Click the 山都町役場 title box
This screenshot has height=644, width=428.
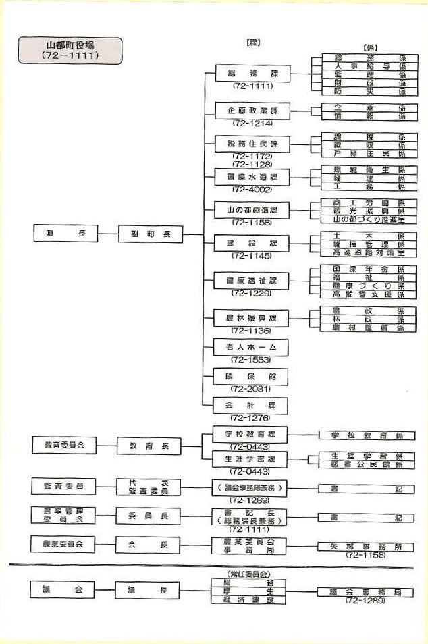click(x=71, y=51)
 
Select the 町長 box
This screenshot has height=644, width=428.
click(x=65, y=234)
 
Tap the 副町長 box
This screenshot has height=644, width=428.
click(x=151, y=234)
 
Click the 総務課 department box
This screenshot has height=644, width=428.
click(x=251, y=74)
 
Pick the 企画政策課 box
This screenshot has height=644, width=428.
click(x=251, y=111)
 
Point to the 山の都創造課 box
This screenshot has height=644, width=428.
click(x=251, y=210)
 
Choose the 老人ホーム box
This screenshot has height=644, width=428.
click(x=251, y=347)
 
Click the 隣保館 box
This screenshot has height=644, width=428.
click(x=251, y=377)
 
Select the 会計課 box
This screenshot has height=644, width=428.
click(x=251, y=406)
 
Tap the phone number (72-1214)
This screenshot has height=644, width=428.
click(x=252, y=124)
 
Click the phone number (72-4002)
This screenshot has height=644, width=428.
click(x=252, y=189)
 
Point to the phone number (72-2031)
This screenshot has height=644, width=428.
click(x=251, y=389)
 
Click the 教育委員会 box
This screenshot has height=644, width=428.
click(x=65, y=446)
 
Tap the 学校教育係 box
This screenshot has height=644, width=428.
click(x=367, y=436)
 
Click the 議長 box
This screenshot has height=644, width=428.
click(x=151, y=590)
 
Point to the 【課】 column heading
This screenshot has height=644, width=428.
click(x=253, y=43)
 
